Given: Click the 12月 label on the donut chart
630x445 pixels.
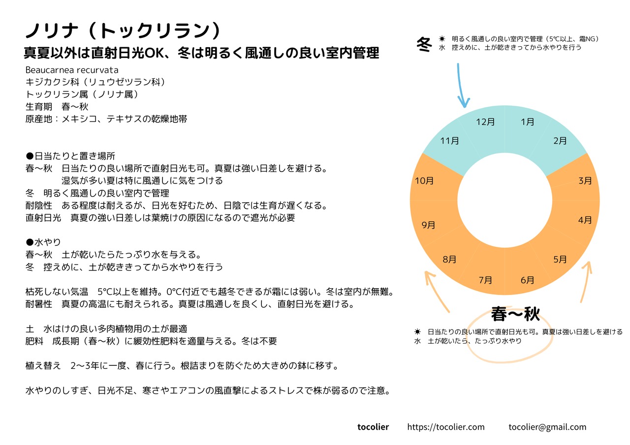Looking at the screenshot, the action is [485, 122].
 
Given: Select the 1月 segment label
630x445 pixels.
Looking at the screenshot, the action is [527, 122].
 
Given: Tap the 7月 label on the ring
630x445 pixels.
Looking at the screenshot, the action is [485, 280].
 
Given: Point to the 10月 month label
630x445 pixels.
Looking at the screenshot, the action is [424, 181].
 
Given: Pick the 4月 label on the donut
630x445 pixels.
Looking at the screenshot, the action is [585, 220].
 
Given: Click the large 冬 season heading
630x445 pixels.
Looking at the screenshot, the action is [424, 44].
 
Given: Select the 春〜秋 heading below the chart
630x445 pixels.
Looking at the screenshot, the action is [515, 313].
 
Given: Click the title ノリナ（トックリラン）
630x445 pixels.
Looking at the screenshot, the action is [123, 31].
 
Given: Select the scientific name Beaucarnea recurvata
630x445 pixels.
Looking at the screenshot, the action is [72, 70].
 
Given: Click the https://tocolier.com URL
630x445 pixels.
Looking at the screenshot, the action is [446, 427].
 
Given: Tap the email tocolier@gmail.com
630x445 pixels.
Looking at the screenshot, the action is [547, 427].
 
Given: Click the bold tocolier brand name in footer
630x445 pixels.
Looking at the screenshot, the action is [373, 427].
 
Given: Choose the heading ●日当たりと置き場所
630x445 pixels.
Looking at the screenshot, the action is [70, 156].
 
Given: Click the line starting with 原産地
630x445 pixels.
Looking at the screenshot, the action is [106, 119].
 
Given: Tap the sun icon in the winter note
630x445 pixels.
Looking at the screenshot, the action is [442, 39].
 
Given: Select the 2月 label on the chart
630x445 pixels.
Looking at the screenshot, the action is [560, 141].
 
